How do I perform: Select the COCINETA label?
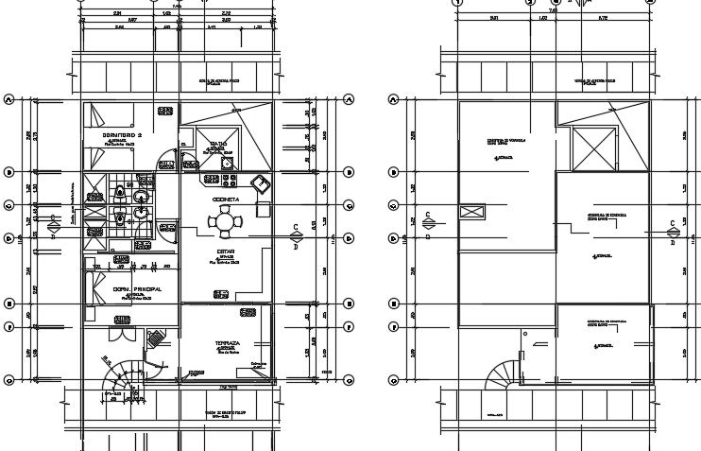(225, 199)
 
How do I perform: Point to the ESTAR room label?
(225, 252)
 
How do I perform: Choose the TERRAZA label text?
(227, 341)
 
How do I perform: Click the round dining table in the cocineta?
(225, 223)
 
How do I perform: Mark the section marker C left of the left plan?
(53, 223)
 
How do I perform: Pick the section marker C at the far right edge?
(674, 228)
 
